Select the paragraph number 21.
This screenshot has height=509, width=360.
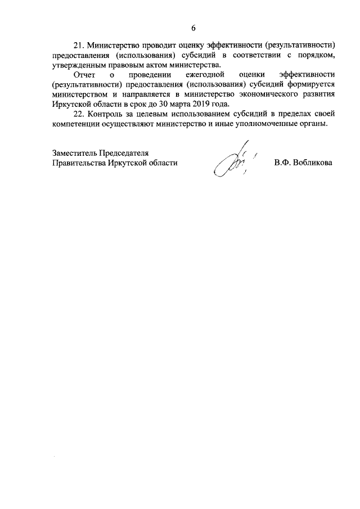pos(79,44)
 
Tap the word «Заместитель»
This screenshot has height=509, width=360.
pos(74,152)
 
